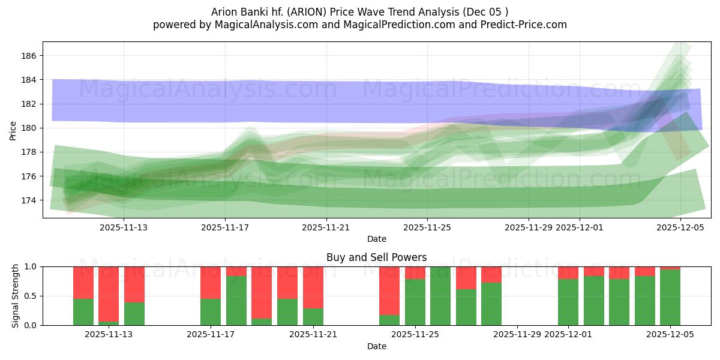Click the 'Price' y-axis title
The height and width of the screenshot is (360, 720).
(x=13, y=130)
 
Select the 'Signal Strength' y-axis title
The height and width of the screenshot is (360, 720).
(x=16, y=296)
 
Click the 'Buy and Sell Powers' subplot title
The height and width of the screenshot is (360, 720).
(x=376, y=257)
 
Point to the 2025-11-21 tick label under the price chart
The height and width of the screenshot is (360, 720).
(x=326, y=227)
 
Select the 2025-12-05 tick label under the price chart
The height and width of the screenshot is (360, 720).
(x=680, y=227)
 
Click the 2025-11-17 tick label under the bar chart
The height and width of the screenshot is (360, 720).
(x=211, y=335)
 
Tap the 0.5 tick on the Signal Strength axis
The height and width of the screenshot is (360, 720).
(x=30, y=296)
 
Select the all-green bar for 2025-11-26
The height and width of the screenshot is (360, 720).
(x=440, y=296)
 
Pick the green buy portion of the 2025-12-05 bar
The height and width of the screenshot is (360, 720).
(x=670, y=298)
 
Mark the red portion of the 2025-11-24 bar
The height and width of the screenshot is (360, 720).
(x=389, y=290)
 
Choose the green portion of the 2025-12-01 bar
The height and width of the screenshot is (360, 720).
(x=568, y=302)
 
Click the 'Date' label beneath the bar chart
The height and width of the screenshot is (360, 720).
(x=376, y=346)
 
